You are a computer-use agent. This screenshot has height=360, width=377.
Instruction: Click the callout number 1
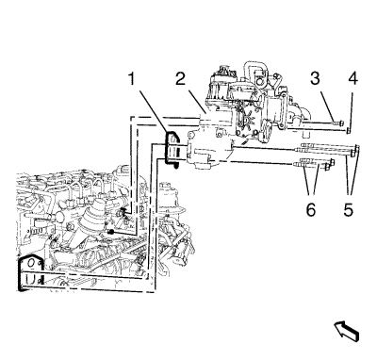point(131,79)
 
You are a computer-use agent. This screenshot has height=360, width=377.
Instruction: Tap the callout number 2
point(181,78)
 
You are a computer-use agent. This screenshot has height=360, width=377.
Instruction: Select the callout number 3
point(315,78)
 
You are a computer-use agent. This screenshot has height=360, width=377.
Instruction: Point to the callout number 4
point(352,78)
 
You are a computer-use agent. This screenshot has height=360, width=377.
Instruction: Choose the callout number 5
point(349,209)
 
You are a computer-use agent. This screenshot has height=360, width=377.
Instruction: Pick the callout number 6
point(310,209)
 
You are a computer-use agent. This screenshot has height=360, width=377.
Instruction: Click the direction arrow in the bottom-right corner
point(346,331)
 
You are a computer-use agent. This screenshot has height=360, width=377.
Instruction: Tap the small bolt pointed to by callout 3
point(338,123)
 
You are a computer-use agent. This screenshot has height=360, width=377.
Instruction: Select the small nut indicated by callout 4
point(349,130)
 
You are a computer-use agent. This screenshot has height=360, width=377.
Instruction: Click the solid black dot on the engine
point(110,232)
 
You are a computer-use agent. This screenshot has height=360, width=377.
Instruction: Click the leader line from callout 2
point(197,101)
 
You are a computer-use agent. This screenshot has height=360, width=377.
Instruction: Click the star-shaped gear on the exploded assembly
point(245,119)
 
